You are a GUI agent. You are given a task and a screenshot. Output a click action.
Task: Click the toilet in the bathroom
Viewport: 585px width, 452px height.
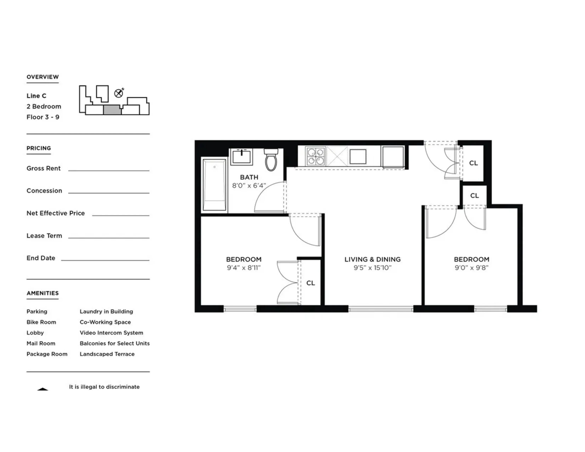coord(271,160)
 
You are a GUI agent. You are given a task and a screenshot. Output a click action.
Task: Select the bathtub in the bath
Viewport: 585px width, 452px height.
coord(214,185)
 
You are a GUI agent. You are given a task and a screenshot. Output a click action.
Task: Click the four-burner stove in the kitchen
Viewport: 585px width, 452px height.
coord(316,156)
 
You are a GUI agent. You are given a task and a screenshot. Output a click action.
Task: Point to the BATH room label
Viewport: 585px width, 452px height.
coord(249,177)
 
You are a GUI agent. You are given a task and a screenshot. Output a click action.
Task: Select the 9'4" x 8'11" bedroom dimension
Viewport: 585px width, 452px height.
coord(243,268)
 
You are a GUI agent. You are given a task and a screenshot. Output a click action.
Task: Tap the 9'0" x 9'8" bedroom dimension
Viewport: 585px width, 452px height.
coord(471,268)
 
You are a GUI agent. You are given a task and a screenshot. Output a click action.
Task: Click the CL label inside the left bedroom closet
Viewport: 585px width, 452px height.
coord(310,283)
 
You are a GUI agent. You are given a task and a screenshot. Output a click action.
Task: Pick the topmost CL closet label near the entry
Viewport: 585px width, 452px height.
coord(473,163)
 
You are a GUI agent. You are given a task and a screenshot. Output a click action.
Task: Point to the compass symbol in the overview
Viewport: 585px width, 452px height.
coord(119,93)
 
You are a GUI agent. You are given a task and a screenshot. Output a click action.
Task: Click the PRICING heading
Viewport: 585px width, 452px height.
coord(39,148)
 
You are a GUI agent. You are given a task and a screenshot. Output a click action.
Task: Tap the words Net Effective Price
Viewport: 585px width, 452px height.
coord(55,213)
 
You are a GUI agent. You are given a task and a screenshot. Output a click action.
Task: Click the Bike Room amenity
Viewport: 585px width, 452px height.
coord(41,322)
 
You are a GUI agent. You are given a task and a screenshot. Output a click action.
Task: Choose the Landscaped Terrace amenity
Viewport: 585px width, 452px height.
coord(107,354)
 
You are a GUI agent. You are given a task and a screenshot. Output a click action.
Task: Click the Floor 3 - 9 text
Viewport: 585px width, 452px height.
coord(43,117)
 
